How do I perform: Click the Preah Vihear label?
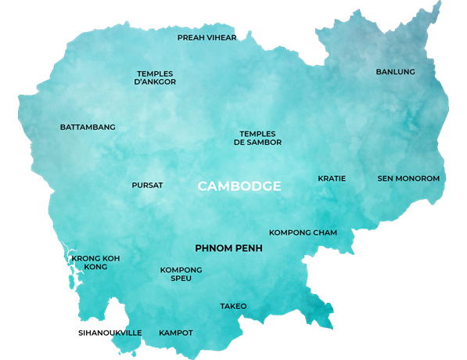pos(207,37)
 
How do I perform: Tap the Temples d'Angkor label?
pos(156,77)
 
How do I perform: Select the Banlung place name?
pos(395,72)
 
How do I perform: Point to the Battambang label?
pos(88,127)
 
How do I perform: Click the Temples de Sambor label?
pos(257,138)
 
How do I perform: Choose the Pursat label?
pos(147,185)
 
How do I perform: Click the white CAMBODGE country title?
pos(239,186)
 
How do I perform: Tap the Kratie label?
pos(332,178)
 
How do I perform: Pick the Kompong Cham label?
pos(303,232)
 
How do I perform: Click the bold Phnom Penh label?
pos(228,248)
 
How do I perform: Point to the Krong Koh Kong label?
pos(95,262)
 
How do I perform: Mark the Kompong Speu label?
pos(181,274)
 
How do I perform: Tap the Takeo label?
pos(233,306)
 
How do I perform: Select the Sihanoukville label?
pos(110,333)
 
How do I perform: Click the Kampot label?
pos(175,333)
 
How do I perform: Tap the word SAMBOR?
pos(264,142)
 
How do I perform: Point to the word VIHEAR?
pos(221,37)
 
